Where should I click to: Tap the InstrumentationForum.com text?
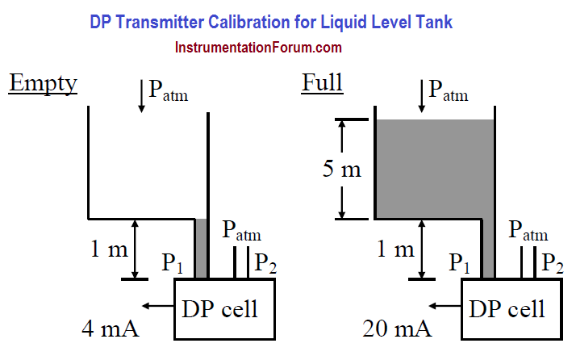pyautogui.click(x=258, y=48)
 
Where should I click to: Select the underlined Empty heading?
pyautogui.click(x=43, y=83)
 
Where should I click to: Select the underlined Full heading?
pyautogui.click(x=322, y=82)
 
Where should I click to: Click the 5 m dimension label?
pyautogui.click(x=341, y=170)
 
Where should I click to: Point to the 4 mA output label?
pyautogui.click(x=111, y=329)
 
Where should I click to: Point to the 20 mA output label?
pyautogui.click(x=397, y=329)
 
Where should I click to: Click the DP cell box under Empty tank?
pyautogui.click(x=224, y=309)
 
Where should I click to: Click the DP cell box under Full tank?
pyautogui.click(x=511, y=309)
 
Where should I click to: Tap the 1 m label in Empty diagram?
pyautogui.click(x=109, y=249)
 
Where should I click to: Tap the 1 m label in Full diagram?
pyautogui.click(x=395, y=249)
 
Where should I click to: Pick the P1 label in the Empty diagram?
pyautogui.click(x=173, y=263)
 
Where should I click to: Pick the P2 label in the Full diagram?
pyautogui.click(x=553, y=263)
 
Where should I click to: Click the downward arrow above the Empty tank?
pyautogui.click(x=141, y=96)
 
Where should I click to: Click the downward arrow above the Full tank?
pyautogui.click(x=422, y=96)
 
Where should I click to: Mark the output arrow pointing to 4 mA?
pyautogui.click(x=158, y=306)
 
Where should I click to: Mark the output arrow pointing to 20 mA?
pyautogui.click(x=445, y=306)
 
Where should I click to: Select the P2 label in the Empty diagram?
pyautogui.click(x=265, y=263)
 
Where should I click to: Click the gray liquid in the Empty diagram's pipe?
pyautogui.click(x=201, y=249)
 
